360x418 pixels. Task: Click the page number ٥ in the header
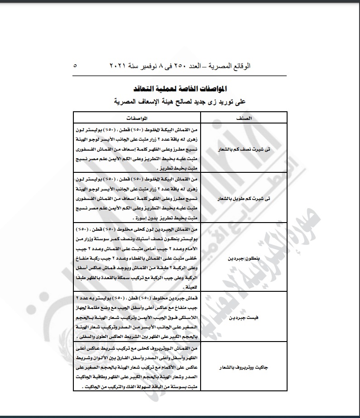coord(75,66)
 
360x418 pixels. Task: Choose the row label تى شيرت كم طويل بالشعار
coord(244,197)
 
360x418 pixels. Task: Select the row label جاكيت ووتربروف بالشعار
coord(244,367)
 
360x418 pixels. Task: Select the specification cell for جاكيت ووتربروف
coord(136,367)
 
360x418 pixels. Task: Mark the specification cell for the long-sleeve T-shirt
coord(136,197)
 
